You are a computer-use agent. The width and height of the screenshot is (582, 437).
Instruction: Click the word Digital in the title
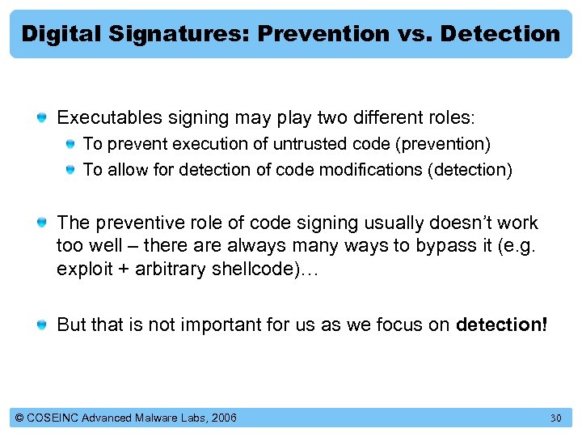(x=61, y=34)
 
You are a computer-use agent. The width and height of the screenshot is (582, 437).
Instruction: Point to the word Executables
(x=109, y=118)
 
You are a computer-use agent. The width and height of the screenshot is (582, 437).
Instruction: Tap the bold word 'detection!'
(x=501, y=325)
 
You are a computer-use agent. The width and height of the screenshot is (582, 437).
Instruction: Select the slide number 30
(x=555, y=418)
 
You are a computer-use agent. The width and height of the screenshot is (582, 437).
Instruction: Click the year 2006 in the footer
(x=222, y=418)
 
